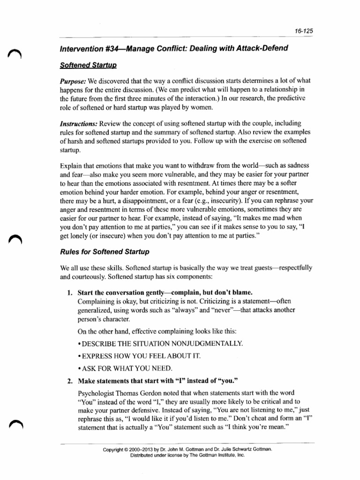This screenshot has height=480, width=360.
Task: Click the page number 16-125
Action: tap(304, 31)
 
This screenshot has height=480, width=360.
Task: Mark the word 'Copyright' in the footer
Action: tap(115, 449)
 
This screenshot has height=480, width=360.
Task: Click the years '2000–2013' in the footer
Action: tap(149, 449)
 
